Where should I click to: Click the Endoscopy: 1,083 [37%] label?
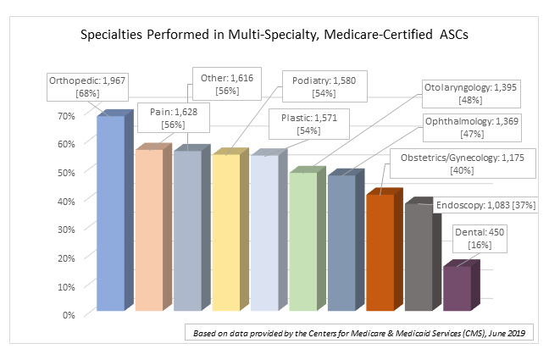[485, 205]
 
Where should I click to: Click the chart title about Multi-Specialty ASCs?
[274, 36]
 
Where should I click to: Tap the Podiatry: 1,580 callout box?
[322, 88]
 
